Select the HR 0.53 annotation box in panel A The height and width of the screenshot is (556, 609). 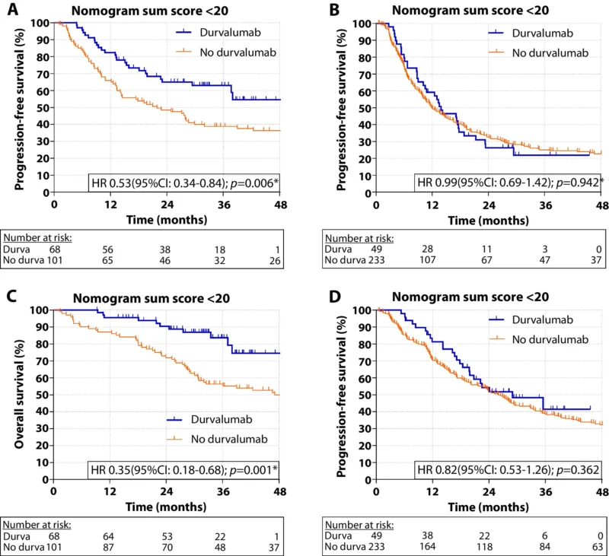click(x=183, y=183)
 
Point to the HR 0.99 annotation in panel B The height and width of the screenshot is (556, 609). click(x=508, y=183)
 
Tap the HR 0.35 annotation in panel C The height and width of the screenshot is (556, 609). click(x=183, y=468)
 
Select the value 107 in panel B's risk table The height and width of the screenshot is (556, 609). click(x=432, y=260)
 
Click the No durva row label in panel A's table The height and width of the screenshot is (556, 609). click(x=24, y=260)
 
